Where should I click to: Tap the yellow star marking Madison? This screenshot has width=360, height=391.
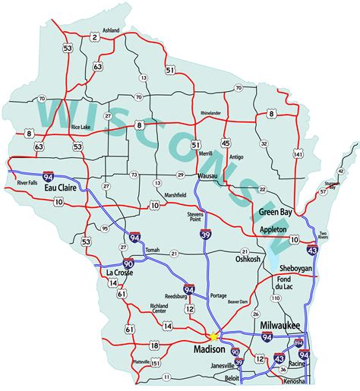point(213,335)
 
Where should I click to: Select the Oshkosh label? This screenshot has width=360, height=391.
point(248,259)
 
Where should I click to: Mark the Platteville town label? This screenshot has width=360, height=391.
point(142,362)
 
